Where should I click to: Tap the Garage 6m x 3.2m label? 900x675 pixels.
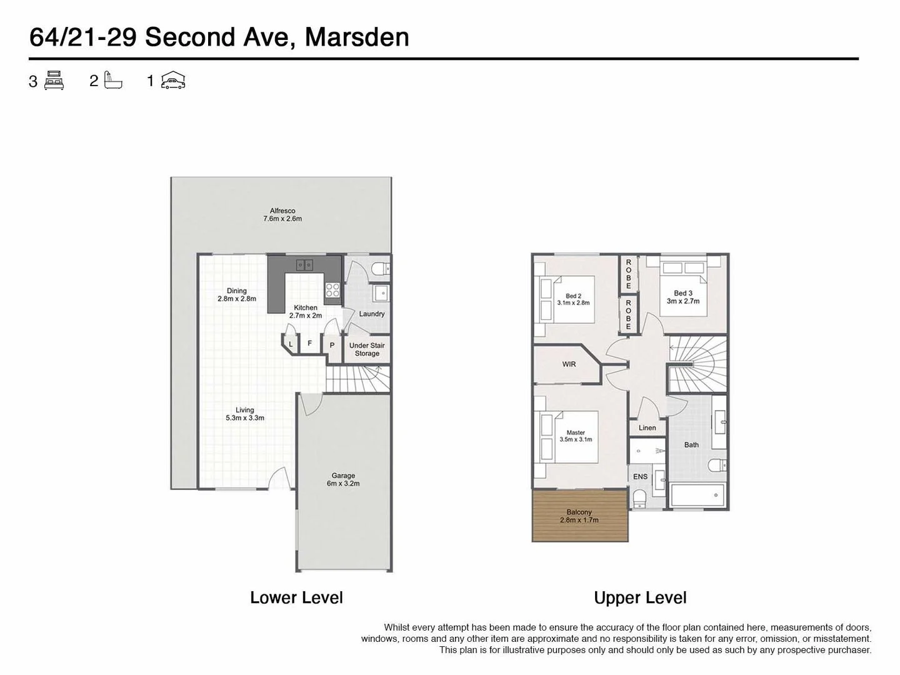pyautogui.click(x=343, y=479)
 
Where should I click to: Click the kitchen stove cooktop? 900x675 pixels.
pyautogui.click(x=332, y=290)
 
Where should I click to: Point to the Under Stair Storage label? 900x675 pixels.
pyautogui.click(x=367, y=349)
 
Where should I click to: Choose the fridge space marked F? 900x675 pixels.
pyautogui.click(x=309, y=344)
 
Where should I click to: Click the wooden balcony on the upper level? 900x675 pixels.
pyautogui.click(x=579, y=516)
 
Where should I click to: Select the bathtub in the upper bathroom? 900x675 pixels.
pyautogui.click(x=697, y=496)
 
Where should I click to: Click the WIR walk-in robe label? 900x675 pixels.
pyautogui.click(x=569, y=364)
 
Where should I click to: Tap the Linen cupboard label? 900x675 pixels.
pyautogui.click(x=647, y=428)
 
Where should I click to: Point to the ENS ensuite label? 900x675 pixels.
pyautogui.click(x=640, y=477)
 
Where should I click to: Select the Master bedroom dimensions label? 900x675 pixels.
pyautogui.click(x=576, y=436)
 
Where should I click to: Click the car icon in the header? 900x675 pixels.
pyautogui.click(x=173, y=81)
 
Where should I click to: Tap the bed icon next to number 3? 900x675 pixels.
pyautogui.click(x=54, y=81)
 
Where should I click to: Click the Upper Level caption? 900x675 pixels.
pyautogui.click(x=640, y=598)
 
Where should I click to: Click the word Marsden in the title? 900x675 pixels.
pyautogui.click(x=357, y=37)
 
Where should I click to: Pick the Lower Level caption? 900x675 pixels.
pyautogui.click(x=296, y=598)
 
